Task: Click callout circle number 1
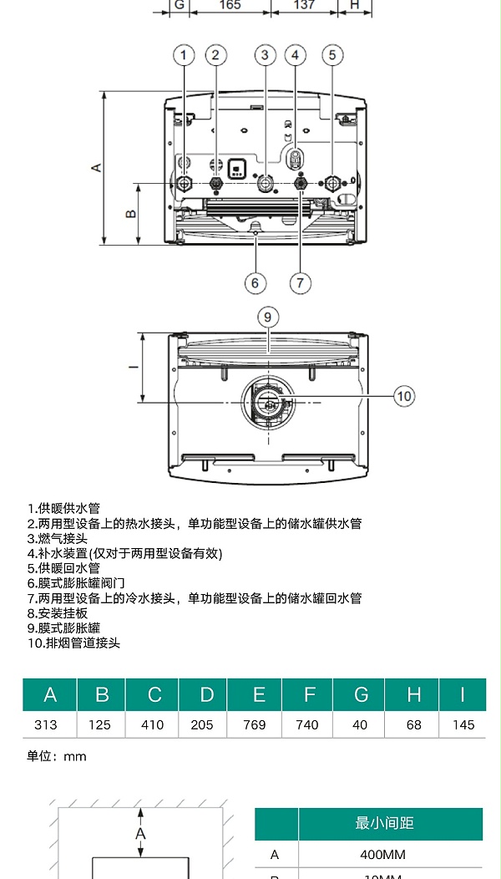pos(184,55)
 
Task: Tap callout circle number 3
pos(265,55)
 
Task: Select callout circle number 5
pos(331,55)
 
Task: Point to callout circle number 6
pos(256,282)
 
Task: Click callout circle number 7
pos(301,282)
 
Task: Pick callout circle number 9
pos(267,317)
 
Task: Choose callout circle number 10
pos(404,396)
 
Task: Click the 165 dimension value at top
pos(230,5)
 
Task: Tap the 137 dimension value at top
pos(305,5)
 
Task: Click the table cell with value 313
pos(49,724)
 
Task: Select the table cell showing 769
pos(256,724)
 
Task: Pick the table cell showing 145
pos(463,724)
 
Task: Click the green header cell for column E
pos(258,695)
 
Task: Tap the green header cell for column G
pos(361,695)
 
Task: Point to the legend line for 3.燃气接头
pos(58,539)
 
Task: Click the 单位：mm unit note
pos(56,757)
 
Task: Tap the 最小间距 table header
pos(384,824)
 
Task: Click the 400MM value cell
pos(384,855)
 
